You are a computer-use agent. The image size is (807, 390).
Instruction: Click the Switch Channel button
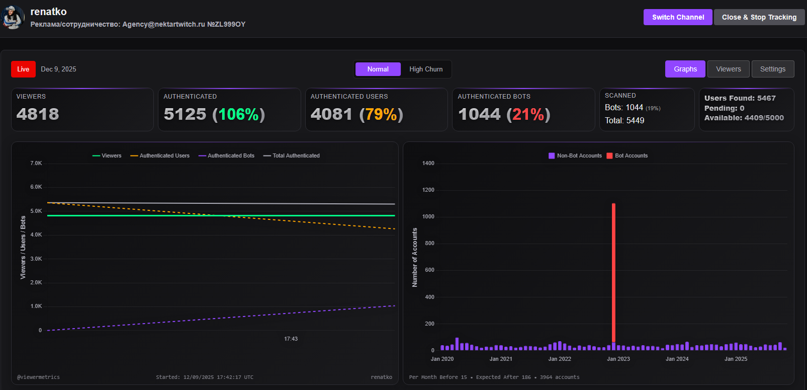678,17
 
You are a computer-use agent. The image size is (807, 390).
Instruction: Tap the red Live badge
23,69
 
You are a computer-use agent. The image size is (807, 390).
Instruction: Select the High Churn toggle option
426,69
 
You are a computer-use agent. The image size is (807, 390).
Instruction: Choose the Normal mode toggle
378,69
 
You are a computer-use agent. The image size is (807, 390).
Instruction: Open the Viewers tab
728,69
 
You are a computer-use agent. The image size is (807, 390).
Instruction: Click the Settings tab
772,69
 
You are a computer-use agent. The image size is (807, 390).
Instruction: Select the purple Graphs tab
685,69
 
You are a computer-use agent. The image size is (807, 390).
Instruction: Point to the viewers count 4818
38,114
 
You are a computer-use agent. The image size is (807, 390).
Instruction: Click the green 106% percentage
238,114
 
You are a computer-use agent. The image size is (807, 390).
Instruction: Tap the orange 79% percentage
381,114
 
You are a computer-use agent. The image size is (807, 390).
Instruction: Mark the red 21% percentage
528,114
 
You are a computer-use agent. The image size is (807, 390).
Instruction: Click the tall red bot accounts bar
613,272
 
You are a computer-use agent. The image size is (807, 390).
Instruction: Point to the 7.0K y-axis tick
36,163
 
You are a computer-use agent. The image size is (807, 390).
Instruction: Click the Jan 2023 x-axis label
618,359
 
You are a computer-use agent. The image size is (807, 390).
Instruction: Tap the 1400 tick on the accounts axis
428,163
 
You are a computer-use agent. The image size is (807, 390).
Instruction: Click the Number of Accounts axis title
415,257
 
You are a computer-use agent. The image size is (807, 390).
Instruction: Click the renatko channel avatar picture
13,17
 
